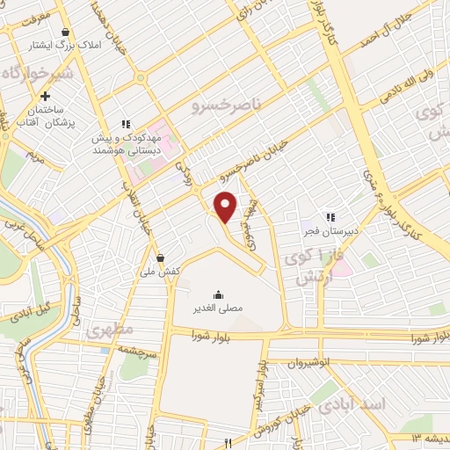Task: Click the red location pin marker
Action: [226, 207]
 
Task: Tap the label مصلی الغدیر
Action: [217, 310]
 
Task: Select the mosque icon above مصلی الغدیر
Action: [217, 295]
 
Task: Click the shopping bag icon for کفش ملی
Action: [160, 258]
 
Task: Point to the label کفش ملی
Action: [161, 272]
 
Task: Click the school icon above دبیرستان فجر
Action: [330, 217]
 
